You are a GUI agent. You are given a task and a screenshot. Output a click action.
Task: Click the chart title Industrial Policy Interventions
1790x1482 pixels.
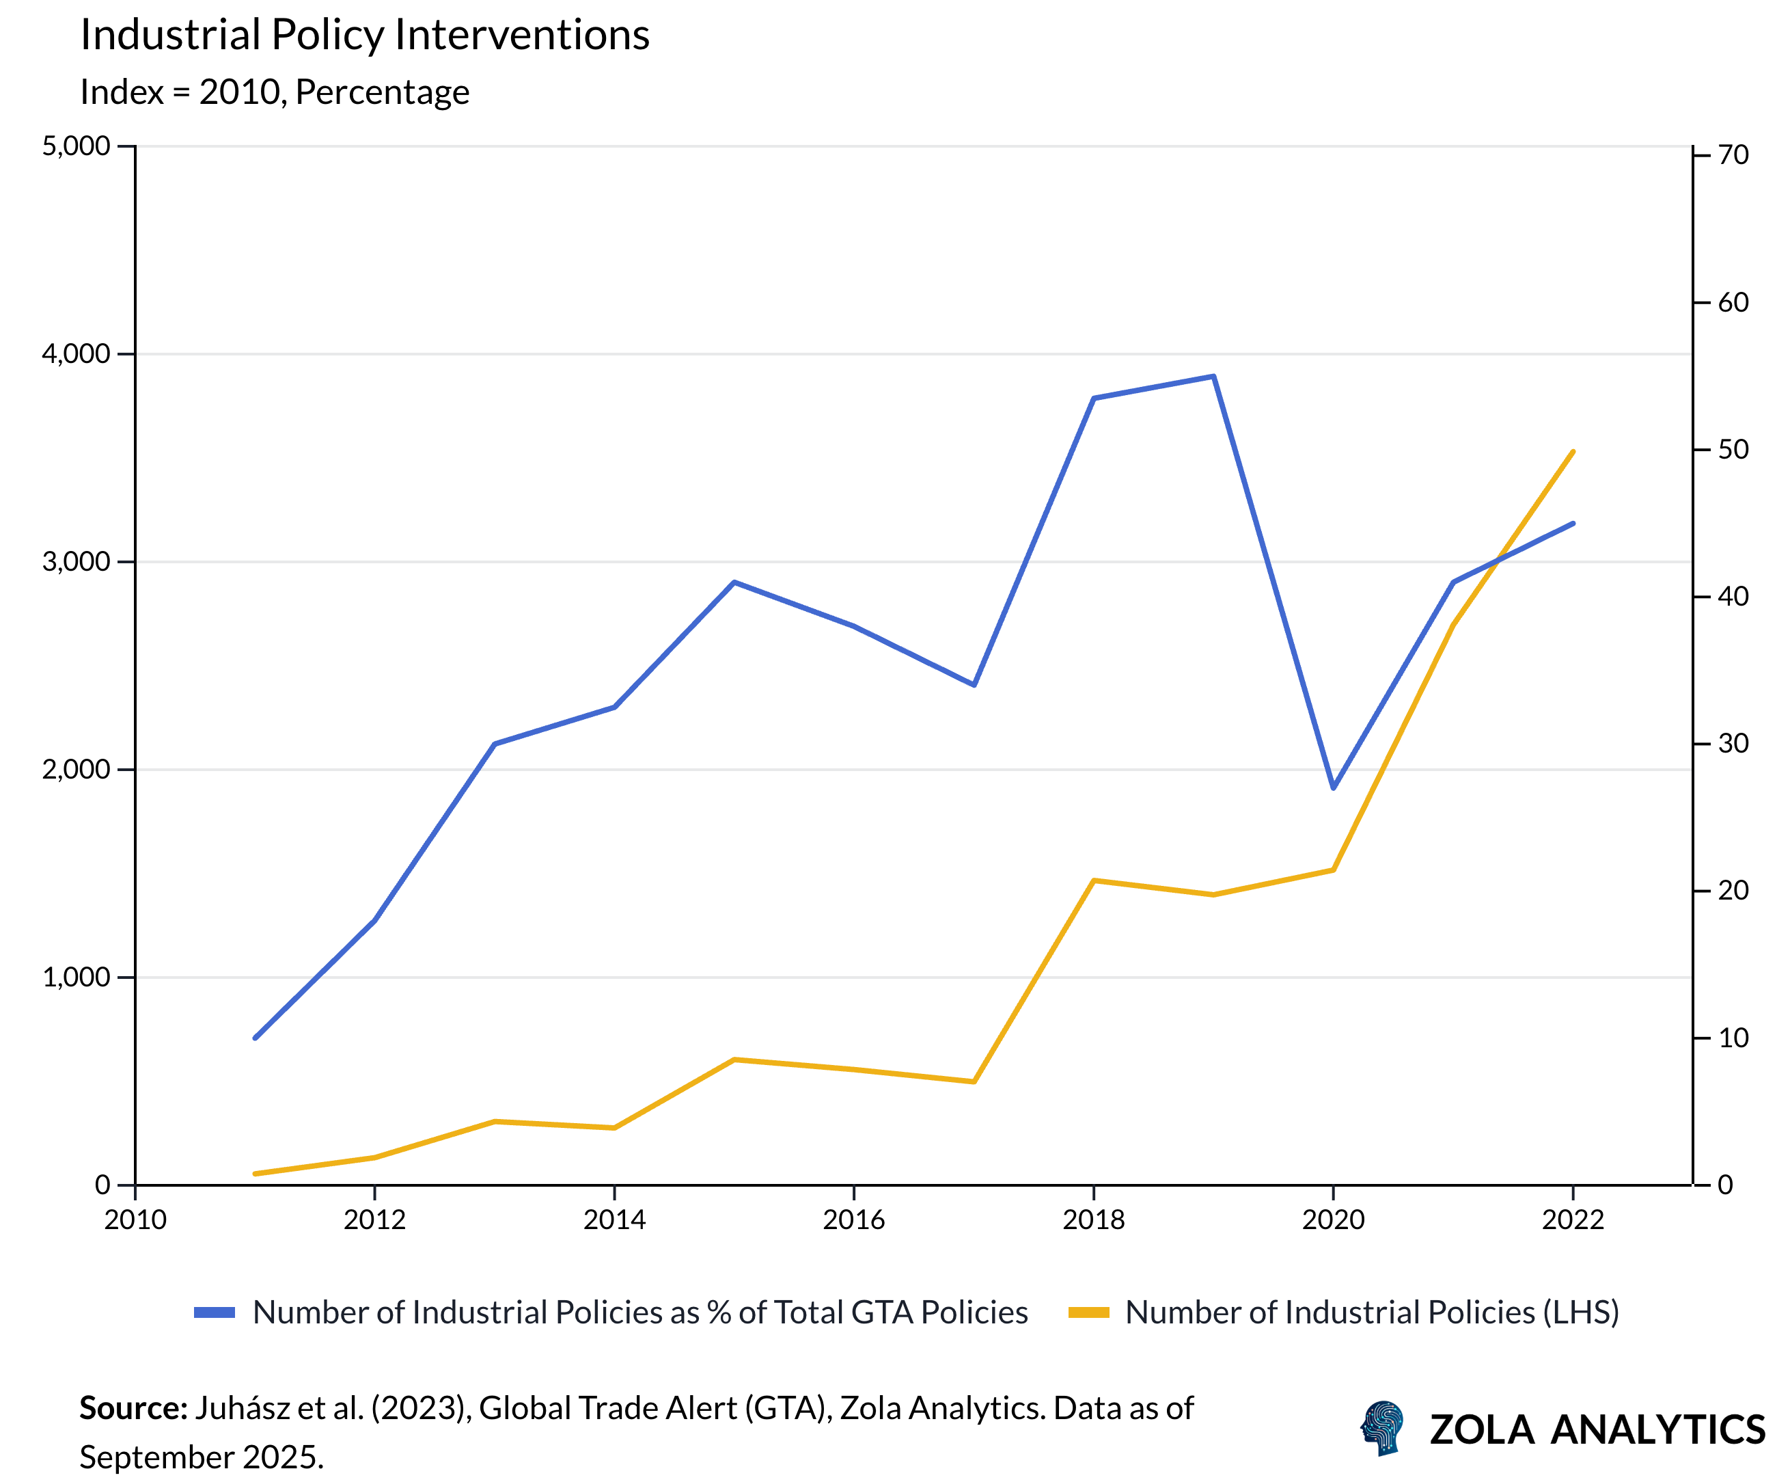[365, 36]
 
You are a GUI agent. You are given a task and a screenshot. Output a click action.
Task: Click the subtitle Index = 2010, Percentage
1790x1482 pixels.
[275, 92]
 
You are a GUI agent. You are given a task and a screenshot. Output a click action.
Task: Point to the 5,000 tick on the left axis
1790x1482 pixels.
[76, 146]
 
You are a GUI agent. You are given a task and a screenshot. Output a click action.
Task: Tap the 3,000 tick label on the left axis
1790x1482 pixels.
[76, 561]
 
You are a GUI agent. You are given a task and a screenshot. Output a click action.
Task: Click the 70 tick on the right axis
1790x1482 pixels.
[1733, 154]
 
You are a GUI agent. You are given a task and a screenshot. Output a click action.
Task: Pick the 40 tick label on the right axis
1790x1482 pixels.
[1733, 596]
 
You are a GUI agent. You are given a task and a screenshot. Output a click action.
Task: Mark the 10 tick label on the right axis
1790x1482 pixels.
[1733, 1038]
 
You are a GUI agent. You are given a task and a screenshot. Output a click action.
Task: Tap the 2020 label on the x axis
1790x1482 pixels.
[1333, 1220]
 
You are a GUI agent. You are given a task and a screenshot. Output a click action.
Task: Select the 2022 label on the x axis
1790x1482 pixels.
[1573, 1220]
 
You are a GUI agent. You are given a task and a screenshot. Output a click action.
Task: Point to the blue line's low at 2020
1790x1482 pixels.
[1333, 788]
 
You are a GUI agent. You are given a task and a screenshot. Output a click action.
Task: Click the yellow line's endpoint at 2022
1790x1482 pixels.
[1573, 451]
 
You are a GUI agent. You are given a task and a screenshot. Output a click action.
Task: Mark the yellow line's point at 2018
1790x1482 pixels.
[1094, 880]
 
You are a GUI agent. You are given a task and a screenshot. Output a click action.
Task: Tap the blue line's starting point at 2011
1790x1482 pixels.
[255, 1038]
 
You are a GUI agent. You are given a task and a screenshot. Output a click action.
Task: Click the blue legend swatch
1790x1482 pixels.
[214, 1312]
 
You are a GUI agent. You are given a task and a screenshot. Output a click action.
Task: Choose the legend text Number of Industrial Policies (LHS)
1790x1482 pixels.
[1371, 1312]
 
